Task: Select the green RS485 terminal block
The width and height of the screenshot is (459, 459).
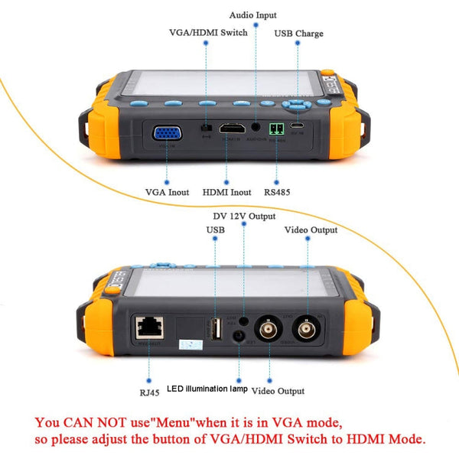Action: tap(275, 129)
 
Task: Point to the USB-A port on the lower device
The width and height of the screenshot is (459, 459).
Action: tap(216, 329)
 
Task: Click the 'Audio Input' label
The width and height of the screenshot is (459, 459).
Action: tap(253, 15)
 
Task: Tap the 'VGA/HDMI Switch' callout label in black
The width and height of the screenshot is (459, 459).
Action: tap(208, 33)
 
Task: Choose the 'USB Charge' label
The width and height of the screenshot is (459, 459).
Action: tap(298, 34)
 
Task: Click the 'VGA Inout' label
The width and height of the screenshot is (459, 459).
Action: tap(167, 192)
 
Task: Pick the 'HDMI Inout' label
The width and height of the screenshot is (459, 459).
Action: tap(227, 192)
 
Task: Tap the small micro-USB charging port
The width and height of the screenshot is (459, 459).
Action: tap(299, 124)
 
